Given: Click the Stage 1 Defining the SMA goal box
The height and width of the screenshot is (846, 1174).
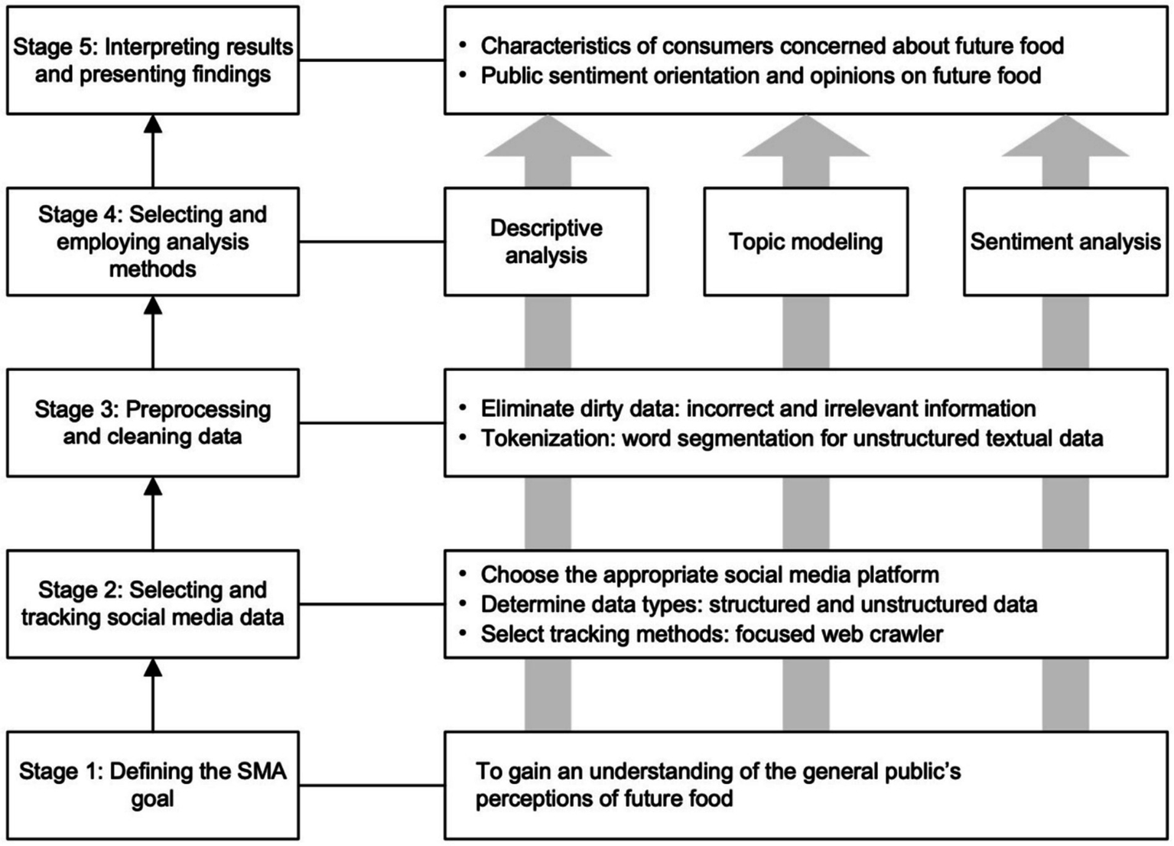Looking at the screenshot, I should (x=153, y=785).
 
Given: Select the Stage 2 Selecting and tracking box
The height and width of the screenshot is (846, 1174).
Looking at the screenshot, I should (x=153, y=604).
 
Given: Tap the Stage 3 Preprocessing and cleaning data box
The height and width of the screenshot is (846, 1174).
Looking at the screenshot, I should (x=153, y=423).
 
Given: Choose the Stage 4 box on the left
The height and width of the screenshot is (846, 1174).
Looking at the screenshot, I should (x=153, y=242).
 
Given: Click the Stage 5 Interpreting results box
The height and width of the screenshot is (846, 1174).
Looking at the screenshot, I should (x=153, y=60).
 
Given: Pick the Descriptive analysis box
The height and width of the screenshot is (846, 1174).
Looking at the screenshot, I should (x=546, y=242).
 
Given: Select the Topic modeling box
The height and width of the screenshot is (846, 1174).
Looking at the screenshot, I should (x=805, y=242).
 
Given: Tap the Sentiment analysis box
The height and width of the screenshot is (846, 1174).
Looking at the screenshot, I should (x=1065, y=242).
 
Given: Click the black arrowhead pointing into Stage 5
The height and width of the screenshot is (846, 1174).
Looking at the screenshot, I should (x=153, y=125).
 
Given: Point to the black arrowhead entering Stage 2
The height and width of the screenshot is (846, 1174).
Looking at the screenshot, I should (x=153, y=668).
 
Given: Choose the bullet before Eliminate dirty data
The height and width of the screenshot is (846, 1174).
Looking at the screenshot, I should (x=463, y=408).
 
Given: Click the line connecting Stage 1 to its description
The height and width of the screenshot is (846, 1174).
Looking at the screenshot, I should (x=372, y=785).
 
